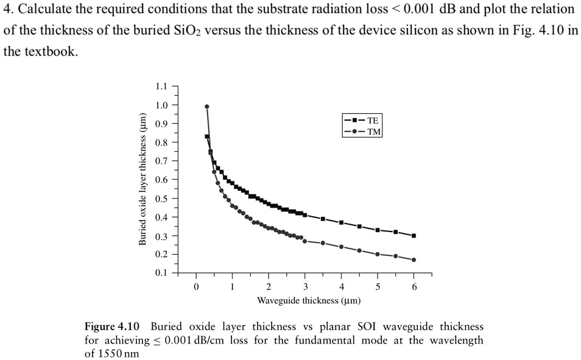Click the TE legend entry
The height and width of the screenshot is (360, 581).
tap(364, 121)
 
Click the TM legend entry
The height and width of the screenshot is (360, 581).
tap(364, 131)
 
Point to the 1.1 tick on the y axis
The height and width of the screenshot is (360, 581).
tap(161, 86)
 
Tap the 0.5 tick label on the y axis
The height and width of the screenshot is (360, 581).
tap(161, 199)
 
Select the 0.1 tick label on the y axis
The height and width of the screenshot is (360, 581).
tap(161, 273)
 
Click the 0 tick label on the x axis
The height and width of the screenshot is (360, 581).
tap(196, 286)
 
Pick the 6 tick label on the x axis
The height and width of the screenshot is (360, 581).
tap(414, 286)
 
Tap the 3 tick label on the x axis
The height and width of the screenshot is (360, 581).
tap(305, 286)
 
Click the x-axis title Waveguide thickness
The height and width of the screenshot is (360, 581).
tap(309, 300)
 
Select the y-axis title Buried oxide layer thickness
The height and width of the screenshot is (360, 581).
tap(142, 179)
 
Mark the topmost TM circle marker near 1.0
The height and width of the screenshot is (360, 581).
tap(207, 107)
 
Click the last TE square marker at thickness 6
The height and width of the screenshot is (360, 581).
tap(414, 236)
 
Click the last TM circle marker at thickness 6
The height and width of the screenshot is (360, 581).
tap(414, 260)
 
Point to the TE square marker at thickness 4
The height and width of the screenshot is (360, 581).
tap(341, 222)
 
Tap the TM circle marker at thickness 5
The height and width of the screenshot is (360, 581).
tap(378, 254)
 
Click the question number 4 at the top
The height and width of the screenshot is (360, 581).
tap(7, 9)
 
